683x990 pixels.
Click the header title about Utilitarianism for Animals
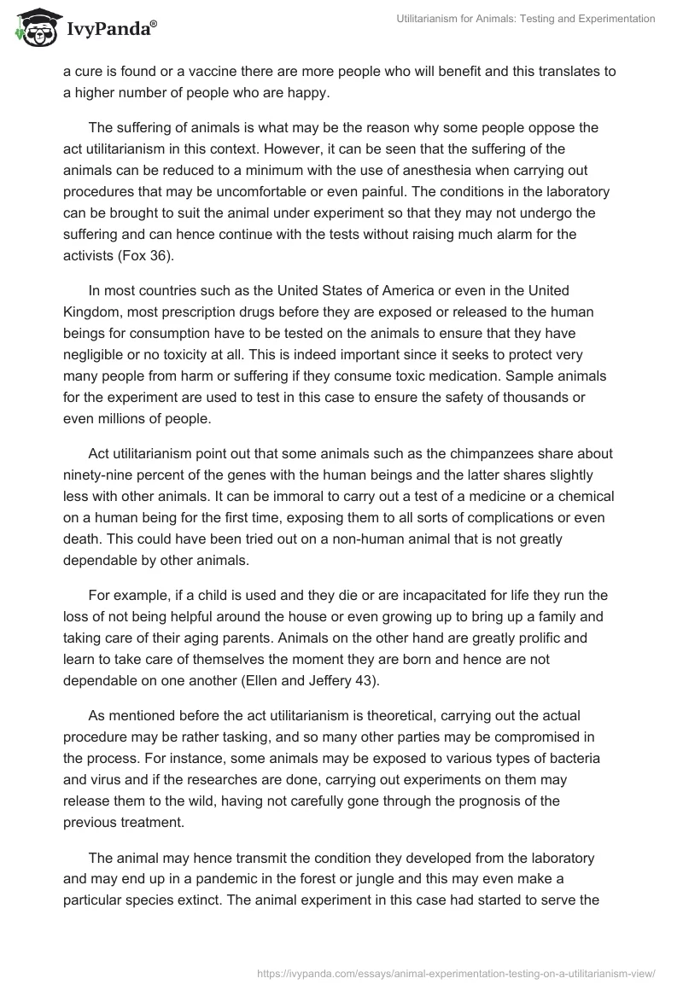point(527,20)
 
